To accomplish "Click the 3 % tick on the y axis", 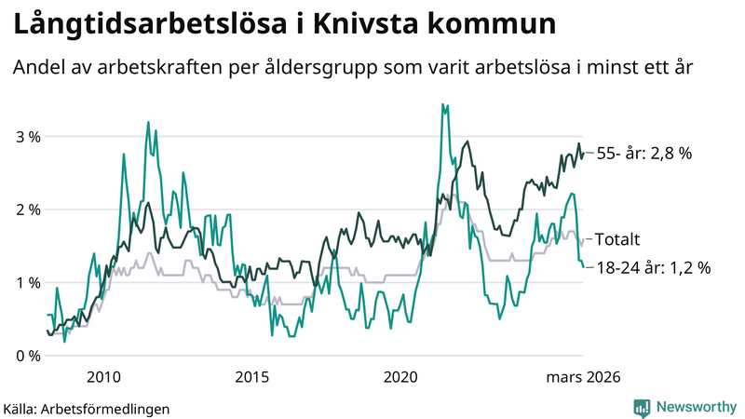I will point(27,137).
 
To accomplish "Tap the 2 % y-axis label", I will point(27,209).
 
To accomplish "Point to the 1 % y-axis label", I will point(27,283).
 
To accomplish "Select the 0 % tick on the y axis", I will point(27,356).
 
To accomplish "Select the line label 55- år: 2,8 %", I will point(643,154).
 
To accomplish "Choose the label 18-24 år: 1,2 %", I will point(653,267).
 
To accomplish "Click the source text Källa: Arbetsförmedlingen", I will point(87,408).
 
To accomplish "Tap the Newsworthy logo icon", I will point(642,407).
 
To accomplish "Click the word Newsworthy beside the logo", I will point(695,407).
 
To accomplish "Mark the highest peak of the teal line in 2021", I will point(443,104).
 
